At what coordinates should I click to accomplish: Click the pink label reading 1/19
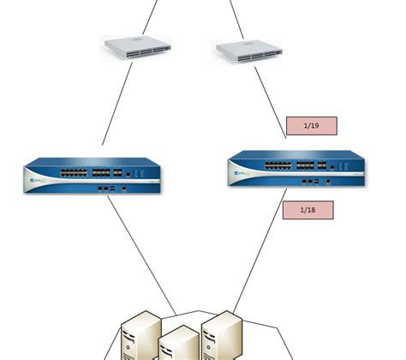[x=311, y=126]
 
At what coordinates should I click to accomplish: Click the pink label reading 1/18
[x=307, y=210]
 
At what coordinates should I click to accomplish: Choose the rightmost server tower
[x=220, y=334]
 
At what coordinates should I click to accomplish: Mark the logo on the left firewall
[x=36, y=182]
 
